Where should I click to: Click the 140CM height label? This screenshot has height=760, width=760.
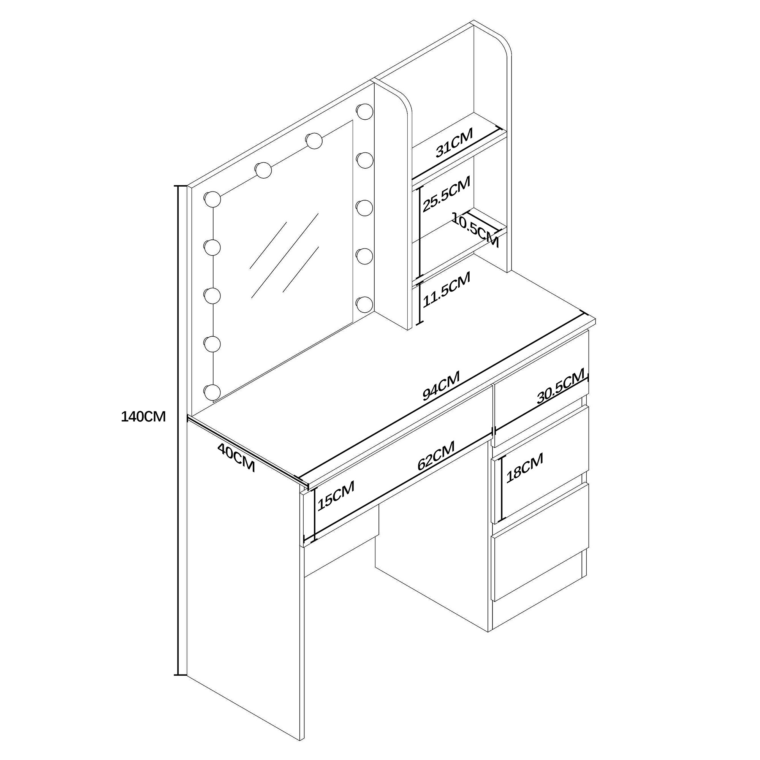[x=143, y=416]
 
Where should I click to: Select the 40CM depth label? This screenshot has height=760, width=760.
[x=236, y=458]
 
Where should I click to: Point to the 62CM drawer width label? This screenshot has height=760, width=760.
[x=436, y=456]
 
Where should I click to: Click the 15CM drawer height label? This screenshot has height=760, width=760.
[x=336, y=495]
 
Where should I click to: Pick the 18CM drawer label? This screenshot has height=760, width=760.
[x=525, y=468]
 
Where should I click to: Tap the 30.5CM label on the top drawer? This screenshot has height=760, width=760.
[x=561, y=387]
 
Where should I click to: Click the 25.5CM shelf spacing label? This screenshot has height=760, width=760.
[x=446, y=194]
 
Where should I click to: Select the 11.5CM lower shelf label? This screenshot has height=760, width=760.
[x=446, y=290]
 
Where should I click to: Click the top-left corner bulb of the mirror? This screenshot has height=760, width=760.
[x=212, y=199]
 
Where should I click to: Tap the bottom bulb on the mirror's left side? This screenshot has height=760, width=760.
[x=212, y=392]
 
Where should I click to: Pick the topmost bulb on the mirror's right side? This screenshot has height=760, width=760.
[x=365, y=111]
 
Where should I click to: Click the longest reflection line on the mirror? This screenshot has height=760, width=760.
[x=285, y=256]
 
